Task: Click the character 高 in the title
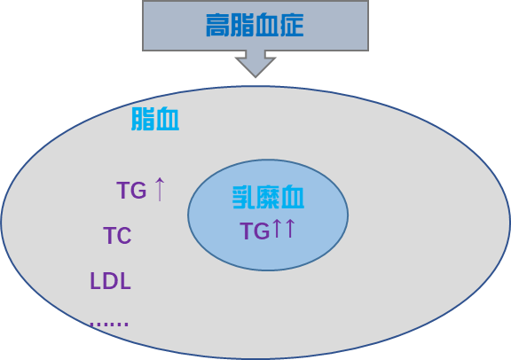tap(217, 25)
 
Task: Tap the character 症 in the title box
tap(292, 25)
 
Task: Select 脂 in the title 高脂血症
tap(242, 25)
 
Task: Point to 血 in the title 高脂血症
tap(267, 25)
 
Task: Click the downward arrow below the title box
tap(255, 64)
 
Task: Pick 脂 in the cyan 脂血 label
tap(143, 119)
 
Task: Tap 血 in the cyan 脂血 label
tap(167, 119)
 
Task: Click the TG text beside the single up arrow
tap(131, 191)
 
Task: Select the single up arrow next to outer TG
tap(160, 189)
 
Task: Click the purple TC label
tap(117, 235)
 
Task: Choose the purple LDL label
tap(111, 281)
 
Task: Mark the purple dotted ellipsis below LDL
tap(109, 325)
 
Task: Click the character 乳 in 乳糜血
tap(243, 197)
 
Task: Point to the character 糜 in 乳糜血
tap(268, 197)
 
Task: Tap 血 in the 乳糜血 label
tap(293, 197)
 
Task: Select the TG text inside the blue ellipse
tap(255, 231)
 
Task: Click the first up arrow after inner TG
tap(277, 228)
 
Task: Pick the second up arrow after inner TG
tap(290, 228)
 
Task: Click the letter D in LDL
tap(111, 281)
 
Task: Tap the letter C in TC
tap(124, 235)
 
